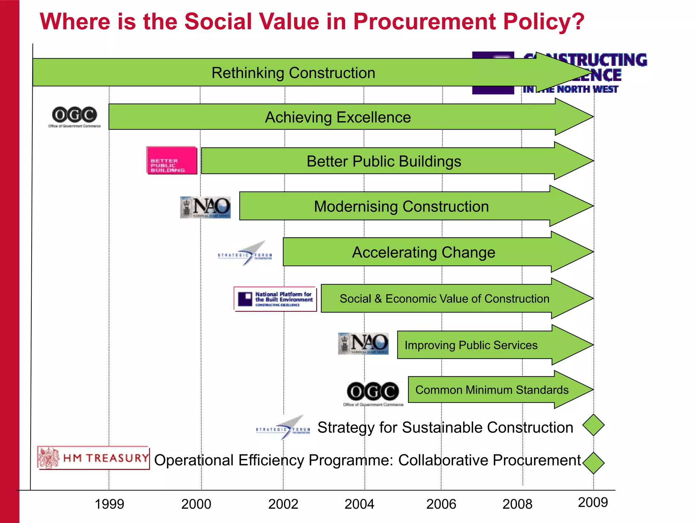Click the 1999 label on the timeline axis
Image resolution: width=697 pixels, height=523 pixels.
point(109,504)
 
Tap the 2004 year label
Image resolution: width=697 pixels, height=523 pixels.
point(359,504)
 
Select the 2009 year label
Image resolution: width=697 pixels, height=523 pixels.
point(593,502)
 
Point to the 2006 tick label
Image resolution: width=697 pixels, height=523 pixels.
point(441,504)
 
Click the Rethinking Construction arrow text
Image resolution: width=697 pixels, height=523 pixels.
point(293,73)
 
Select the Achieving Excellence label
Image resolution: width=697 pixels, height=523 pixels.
point(338,117)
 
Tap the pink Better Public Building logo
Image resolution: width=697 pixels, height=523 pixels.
point(172,160)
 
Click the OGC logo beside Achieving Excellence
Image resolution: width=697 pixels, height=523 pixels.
point(74,116)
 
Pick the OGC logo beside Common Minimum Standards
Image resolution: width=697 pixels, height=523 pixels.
point(373,393)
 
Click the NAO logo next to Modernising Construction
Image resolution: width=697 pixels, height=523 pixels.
point(205,207)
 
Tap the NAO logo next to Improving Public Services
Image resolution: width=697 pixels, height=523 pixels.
point(363,344)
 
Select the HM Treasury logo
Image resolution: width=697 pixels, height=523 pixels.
point(93,458)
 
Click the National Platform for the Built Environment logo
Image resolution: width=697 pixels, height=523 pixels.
point(275,299)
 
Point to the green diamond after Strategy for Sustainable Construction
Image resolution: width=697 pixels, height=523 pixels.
point(593,425)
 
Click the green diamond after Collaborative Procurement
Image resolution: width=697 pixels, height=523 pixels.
point(593,463)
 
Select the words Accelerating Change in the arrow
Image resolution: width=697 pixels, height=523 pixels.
point(423,252)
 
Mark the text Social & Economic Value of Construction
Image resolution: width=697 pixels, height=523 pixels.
point(444,299)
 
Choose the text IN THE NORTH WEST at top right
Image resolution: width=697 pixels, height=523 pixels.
point(570,89)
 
